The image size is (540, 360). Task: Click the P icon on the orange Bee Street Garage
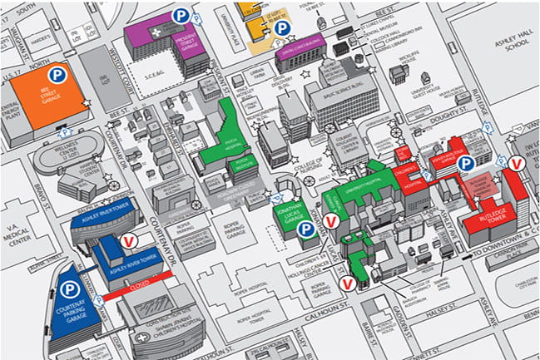click(57, 76)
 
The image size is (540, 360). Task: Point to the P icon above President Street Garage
click(179, 15)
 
